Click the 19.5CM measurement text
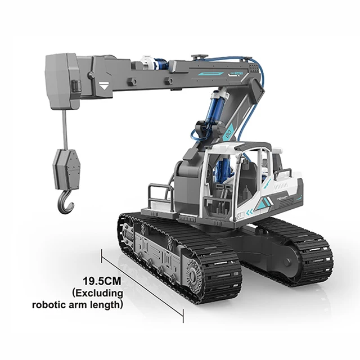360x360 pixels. [102, 280]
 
